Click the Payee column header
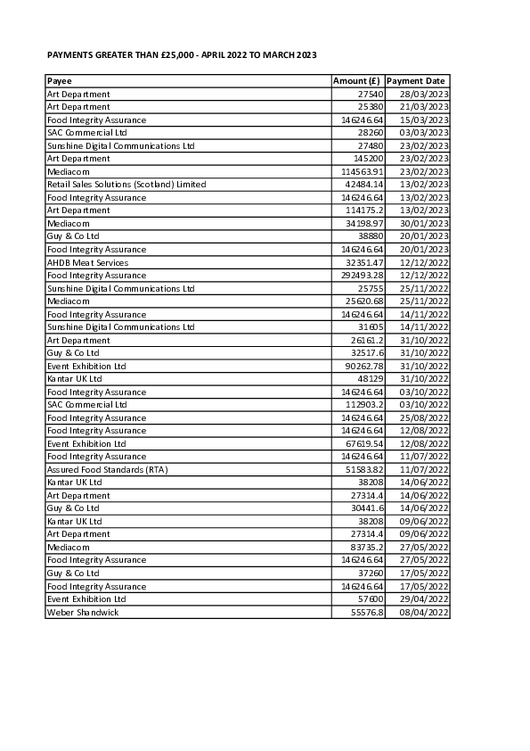60,81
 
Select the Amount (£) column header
356,81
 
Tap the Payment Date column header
416,81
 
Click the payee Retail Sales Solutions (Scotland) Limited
126,185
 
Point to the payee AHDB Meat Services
87,262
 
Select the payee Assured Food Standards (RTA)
107,469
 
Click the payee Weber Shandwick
82,612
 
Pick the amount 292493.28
363,276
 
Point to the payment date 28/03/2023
424,94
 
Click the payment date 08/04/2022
424,612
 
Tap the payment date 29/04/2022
424,598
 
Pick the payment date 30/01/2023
424,223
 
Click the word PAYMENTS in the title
70,55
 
